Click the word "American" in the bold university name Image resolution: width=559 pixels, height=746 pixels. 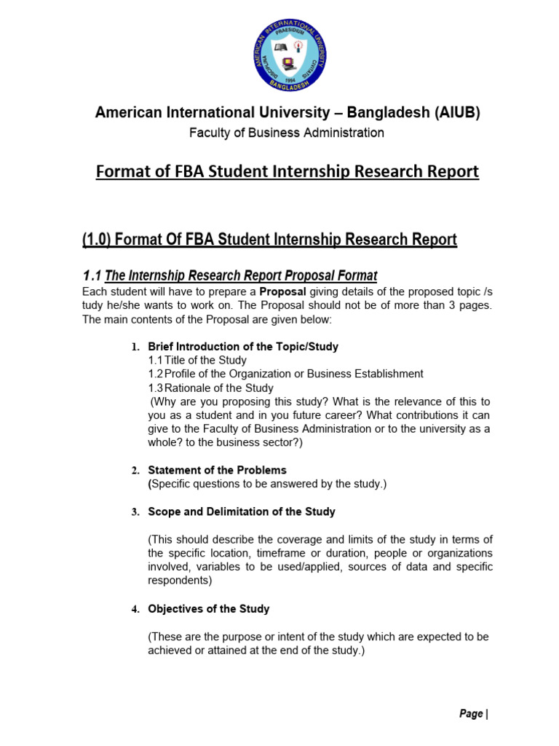point(127,113)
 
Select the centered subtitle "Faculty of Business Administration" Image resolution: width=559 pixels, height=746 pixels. point(287,133)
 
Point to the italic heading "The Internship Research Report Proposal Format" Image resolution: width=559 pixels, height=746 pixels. point(241,275)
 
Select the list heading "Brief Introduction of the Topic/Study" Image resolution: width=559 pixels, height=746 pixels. point(243,347)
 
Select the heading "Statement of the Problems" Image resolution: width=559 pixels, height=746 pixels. point(217,470)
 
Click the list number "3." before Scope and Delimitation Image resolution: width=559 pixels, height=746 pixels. point(135,512)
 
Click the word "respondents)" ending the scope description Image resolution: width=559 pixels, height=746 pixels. point(180,581)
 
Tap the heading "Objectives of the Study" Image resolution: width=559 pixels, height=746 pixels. point(209,608)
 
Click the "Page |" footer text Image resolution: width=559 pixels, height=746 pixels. point(473,714)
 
